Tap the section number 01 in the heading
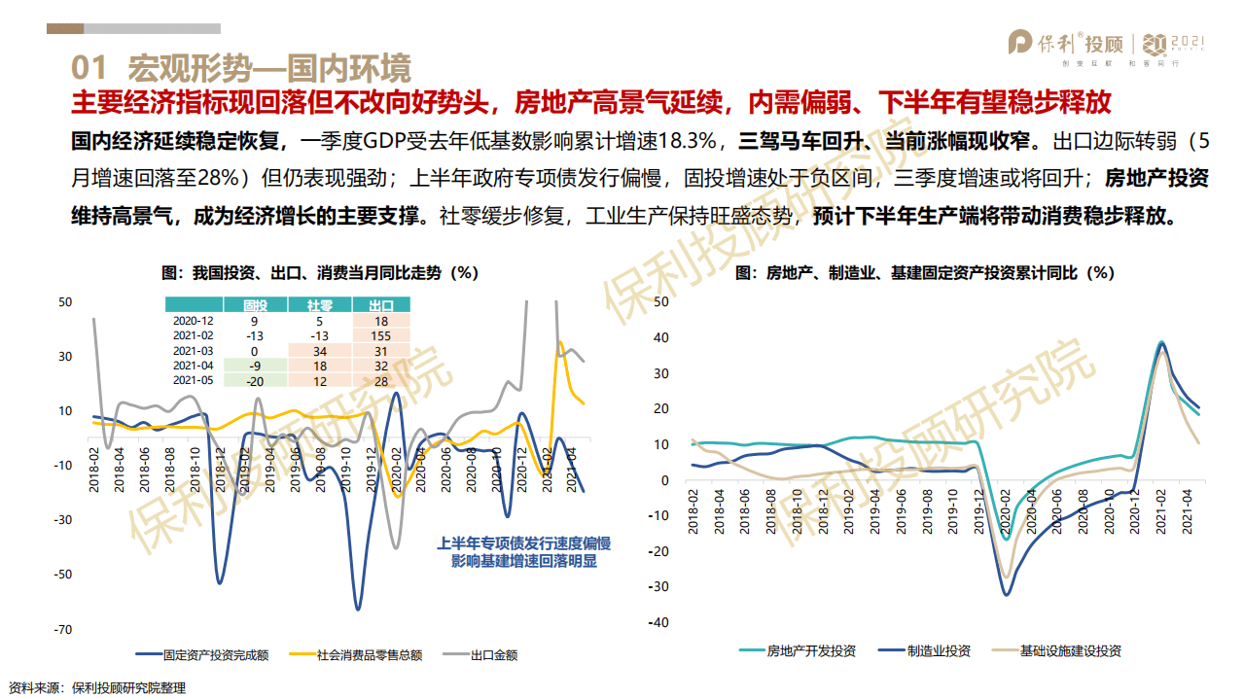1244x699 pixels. point(89,68)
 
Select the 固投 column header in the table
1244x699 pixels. point(254,304)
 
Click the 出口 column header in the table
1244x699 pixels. point(380,304)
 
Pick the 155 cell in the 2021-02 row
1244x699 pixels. point(380,335)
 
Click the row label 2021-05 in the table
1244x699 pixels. point(193,380)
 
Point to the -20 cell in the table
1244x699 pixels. point(254,380)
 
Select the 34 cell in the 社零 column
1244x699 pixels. point(317,350)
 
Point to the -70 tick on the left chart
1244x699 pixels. point(64,629)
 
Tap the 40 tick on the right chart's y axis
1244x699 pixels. point(661,337)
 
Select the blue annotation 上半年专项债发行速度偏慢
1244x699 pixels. point(530,543)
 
